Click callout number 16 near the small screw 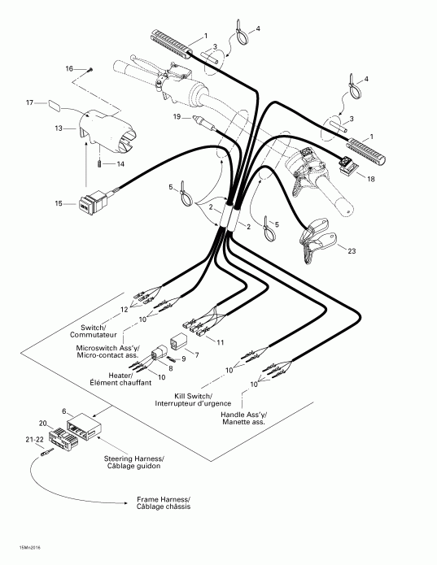[x=69, y=68]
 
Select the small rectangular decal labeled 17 [x=55, y=104]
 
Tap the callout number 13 [x=58, y=128]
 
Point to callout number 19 [x=177, y=117]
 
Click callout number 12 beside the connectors [x=125, y=310]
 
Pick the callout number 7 [x=196, y=355]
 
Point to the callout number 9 [x=183, y=359]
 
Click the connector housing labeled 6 [x=84, y=424]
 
